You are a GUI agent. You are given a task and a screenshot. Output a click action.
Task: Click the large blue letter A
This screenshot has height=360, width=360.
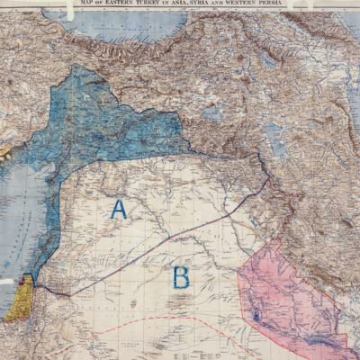point(118,209)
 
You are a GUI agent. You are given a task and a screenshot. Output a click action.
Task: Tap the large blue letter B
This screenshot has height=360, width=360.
point(181,277)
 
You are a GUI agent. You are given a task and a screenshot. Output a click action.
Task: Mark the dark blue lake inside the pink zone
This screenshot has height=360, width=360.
point(259,316)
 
